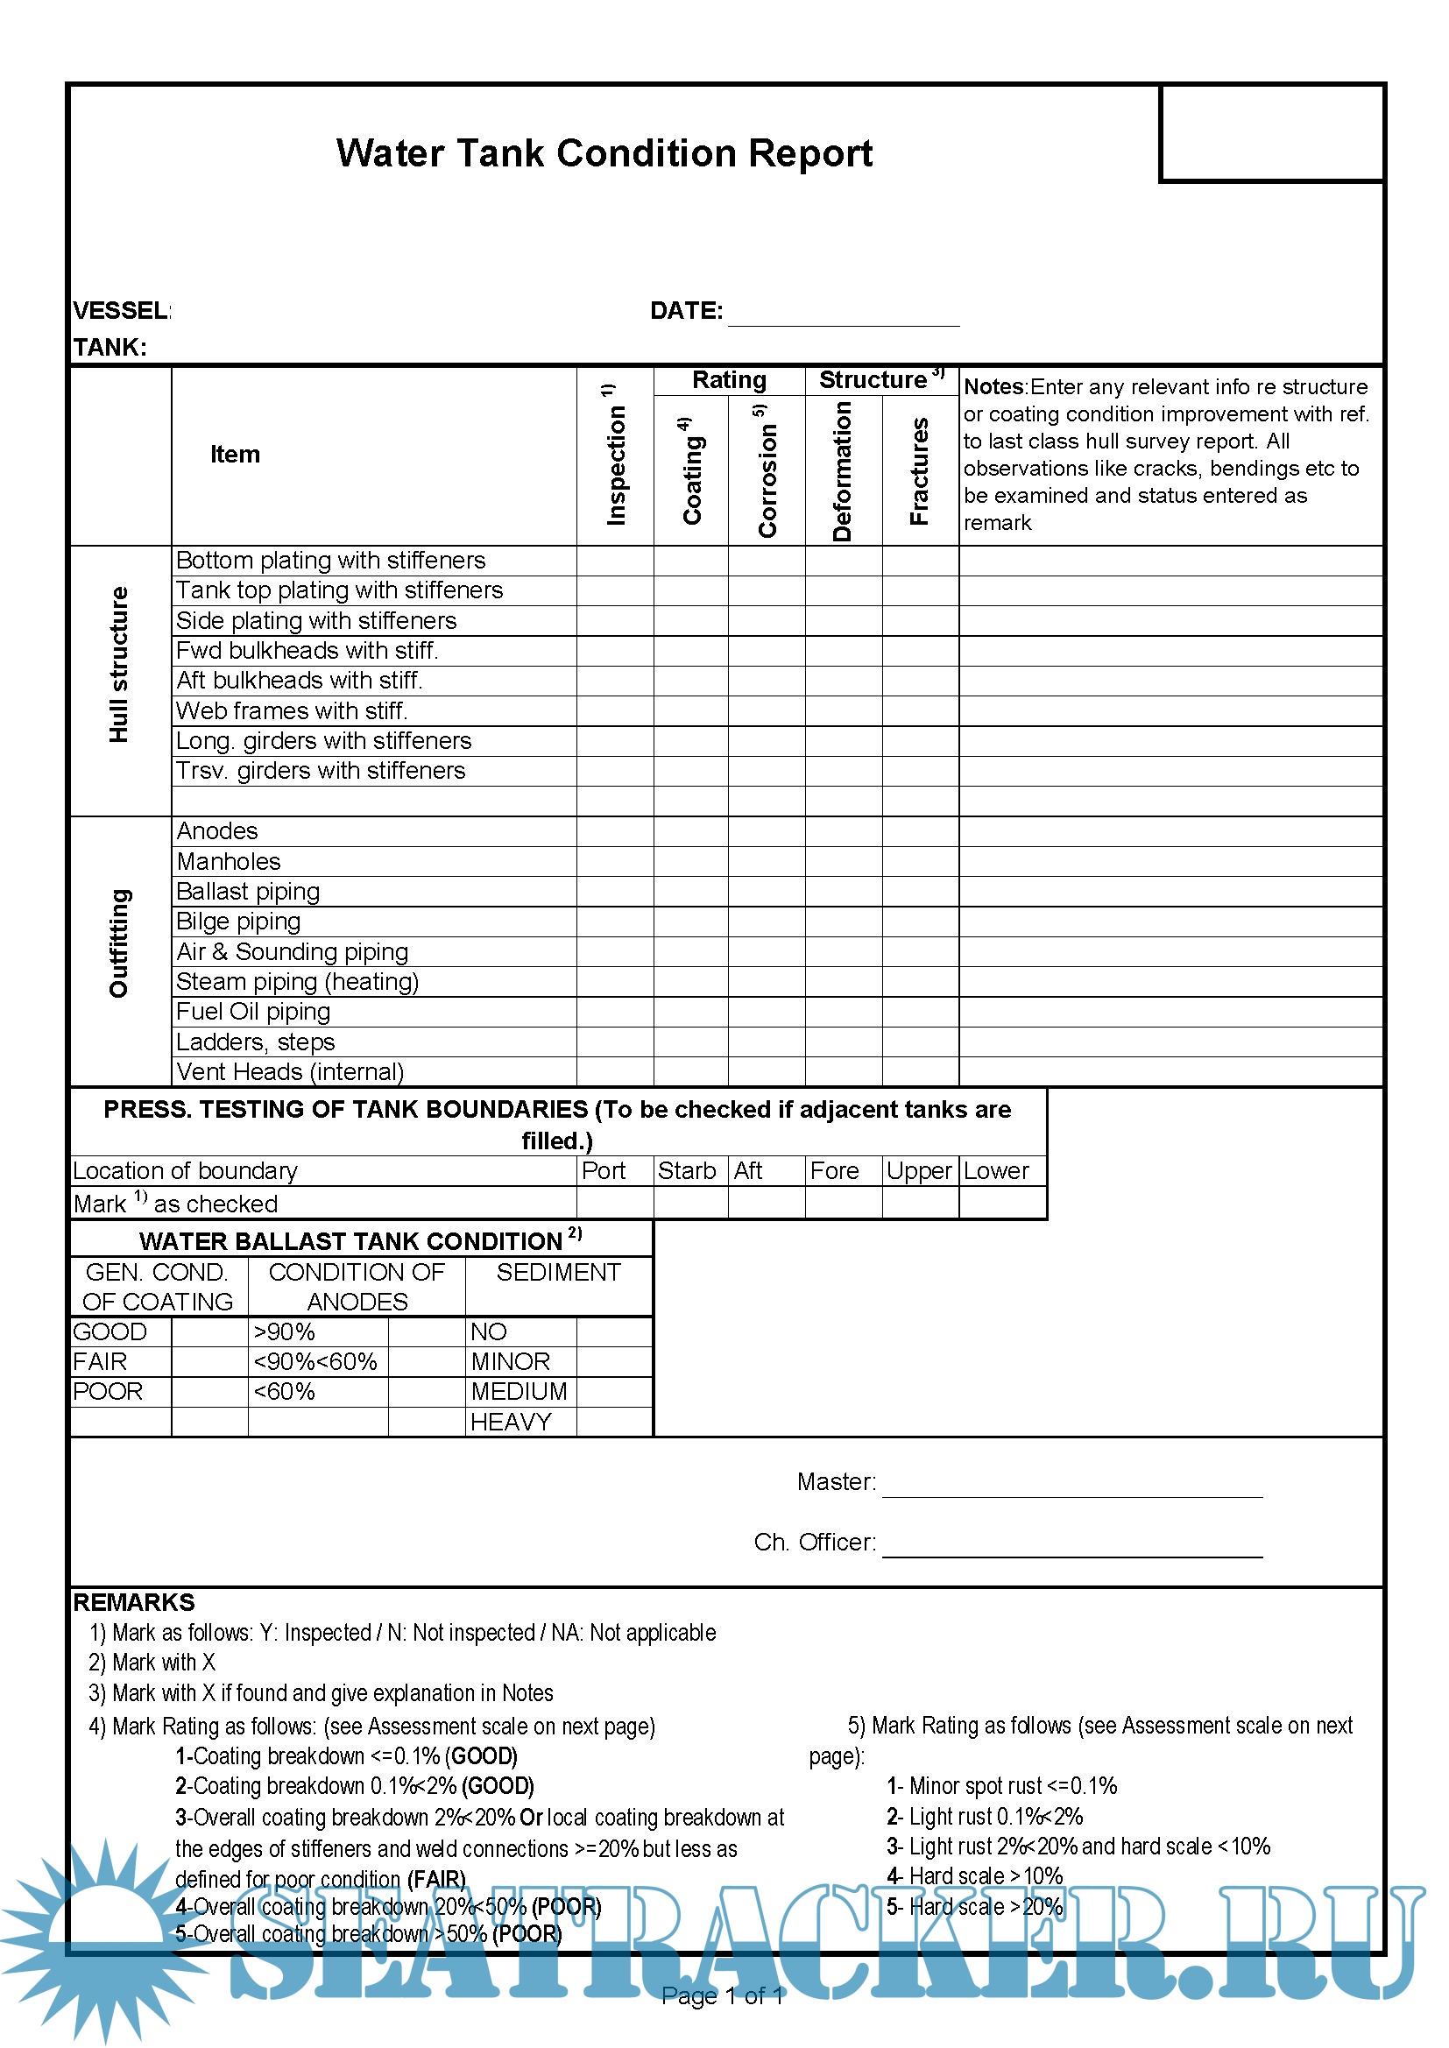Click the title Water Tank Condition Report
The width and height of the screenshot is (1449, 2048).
pos(604,153)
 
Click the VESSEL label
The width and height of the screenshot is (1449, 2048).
pos(122,310)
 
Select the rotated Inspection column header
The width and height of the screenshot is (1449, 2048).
pos(615,455)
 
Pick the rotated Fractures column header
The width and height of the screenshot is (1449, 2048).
pos(920,470)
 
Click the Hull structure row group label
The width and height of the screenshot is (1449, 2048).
pos(119,665)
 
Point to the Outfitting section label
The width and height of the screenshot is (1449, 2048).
pos(119,943)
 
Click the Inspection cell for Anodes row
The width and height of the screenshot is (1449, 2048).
pos(615,831)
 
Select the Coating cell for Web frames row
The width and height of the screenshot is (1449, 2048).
pos(690,711)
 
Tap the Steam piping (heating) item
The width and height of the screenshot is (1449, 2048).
pos(297,982)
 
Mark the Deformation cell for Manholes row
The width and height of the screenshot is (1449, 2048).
pos(843,862)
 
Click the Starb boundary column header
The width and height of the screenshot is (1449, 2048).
pos(687,1170)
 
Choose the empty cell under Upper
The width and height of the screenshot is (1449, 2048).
pos(920,1203)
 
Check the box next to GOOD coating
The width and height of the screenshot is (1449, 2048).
pos(209,1331)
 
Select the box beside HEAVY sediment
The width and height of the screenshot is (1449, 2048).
pos(614,1422)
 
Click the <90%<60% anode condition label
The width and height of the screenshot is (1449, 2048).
pos(316,1362)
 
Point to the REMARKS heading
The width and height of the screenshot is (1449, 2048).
pos(134,1603)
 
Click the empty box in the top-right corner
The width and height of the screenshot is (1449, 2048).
pos(1271,134)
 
